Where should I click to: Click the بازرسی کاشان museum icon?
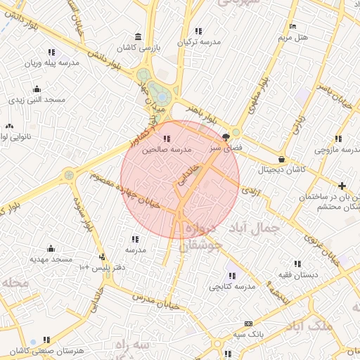tap(138, 37)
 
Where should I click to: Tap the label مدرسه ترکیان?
tap(199, 42)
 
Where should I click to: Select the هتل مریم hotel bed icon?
tap(292, 27)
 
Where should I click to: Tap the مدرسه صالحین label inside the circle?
tap(167, 150)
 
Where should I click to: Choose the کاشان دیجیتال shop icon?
tap(282, 159)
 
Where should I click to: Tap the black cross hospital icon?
tap(342, 186)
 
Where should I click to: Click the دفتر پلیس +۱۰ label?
tap(103, 267)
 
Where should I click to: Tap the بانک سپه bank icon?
tap(247, 323)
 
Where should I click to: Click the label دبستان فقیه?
tap(297, 274)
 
